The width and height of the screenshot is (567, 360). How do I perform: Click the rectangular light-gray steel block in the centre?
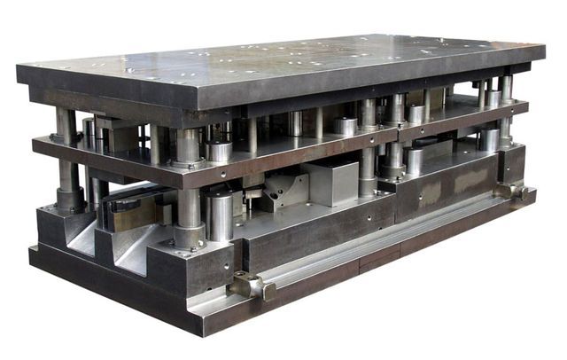click(330, 183)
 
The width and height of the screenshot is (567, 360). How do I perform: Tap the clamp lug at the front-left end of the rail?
click(249, 286)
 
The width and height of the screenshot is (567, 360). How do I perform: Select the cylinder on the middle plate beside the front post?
click(218, 151)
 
